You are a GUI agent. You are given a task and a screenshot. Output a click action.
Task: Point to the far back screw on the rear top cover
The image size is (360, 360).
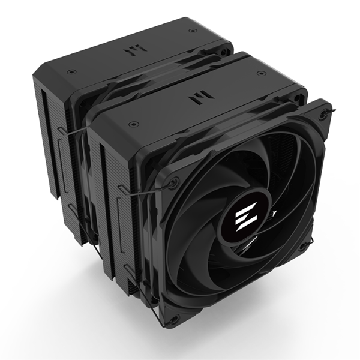(192, 31)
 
